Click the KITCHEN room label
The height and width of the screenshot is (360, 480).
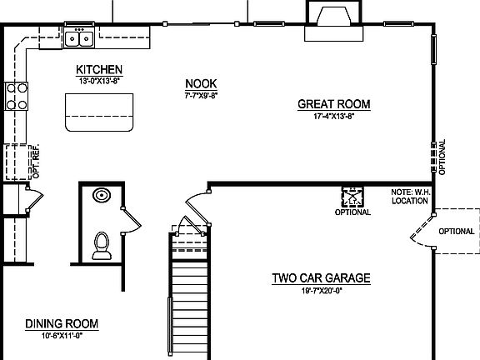[99, 69]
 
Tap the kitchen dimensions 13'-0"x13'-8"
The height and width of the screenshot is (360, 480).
[99, 82]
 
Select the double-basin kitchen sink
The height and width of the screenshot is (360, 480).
[80, 37]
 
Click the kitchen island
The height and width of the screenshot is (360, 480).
[100, 112]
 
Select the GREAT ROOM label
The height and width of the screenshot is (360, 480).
[334, 104]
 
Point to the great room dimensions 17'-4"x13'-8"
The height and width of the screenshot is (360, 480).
[334, 117]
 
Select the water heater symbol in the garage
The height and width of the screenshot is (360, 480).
[352, 197]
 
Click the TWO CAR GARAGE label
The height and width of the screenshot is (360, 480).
[321, 279]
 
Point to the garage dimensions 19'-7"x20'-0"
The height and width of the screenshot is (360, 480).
[321, 292]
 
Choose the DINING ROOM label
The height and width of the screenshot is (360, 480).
[62, 323]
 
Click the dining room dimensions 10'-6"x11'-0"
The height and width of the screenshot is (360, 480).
[62, 335]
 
